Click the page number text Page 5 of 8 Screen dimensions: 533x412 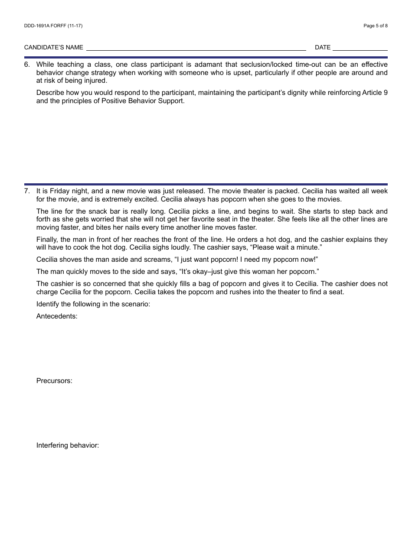tap(376, 26)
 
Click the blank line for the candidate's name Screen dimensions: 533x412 tap(196, 48)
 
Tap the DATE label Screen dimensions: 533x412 tap(323, 47)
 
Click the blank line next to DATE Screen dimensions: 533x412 tap(360, 48)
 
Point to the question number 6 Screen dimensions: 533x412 tap(27, 65)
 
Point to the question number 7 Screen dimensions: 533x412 tap(27, 191)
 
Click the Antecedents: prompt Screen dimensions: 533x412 tap(57, 316)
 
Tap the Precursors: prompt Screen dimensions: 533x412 tap(54, 381)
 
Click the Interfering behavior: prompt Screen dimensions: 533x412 tap(68, 445)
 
